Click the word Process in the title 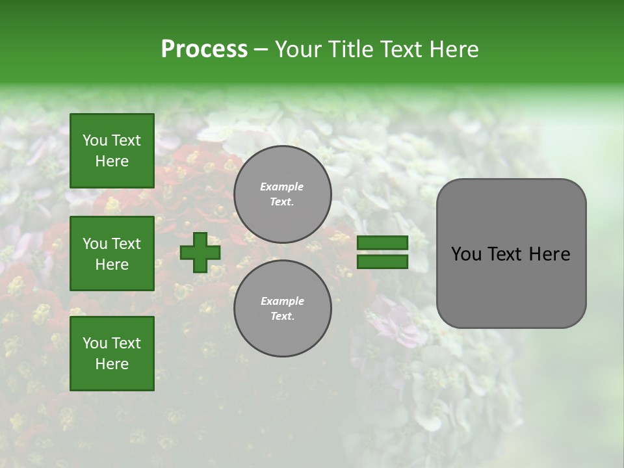click(x=204, y=49)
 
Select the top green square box click(x=112, y=151)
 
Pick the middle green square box click(x=112, y=253)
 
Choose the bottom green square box click(x=112, y=353)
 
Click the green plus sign click(x=200, y=253)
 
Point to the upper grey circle click(x=283, y=194)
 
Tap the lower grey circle click(x=283, y=309)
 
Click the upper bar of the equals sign click(x=383, y=243)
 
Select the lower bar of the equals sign click(x=383, y=261)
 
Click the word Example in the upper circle click(x=282, y=187)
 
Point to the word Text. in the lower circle click(x=282, y=317)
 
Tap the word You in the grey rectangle click(x=465, y=254)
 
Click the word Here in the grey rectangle click(x=549, y=254)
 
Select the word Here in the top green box click(x=112, y=161)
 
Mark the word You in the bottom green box click(x=95, y=343)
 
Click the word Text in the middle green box click(x=127, y=244)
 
